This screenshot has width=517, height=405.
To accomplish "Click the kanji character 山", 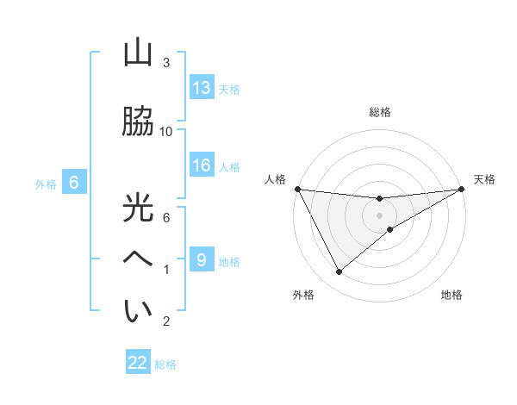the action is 138,53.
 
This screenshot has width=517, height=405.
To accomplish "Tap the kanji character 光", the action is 138,208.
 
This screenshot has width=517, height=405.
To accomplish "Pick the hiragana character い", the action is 138,311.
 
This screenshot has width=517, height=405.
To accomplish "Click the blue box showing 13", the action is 202,88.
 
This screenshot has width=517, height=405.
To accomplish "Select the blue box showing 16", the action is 202,165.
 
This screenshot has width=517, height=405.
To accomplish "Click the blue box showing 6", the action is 74,183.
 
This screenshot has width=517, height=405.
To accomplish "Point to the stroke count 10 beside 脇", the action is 166,131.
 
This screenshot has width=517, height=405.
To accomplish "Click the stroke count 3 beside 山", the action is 166,62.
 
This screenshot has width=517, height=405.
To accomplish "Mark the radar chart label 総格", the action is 380,112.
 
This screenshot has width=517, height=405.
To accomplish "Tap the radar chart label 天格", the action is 484,179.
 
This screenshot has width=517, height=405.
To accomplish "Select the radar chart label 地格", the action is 452,296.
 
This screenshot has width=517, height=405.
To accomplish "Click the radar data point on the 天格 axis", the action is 462,189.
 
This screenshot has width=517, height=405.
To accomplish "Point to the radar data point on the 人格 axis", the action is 297,189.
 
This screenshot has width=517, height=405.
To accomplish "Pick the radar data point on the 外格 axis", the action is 339,272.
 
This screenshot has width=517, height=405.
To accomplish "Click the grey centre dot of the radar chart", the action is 380,215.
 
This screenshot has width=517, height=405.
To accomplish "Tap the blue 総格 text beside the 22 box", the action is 165,364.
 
